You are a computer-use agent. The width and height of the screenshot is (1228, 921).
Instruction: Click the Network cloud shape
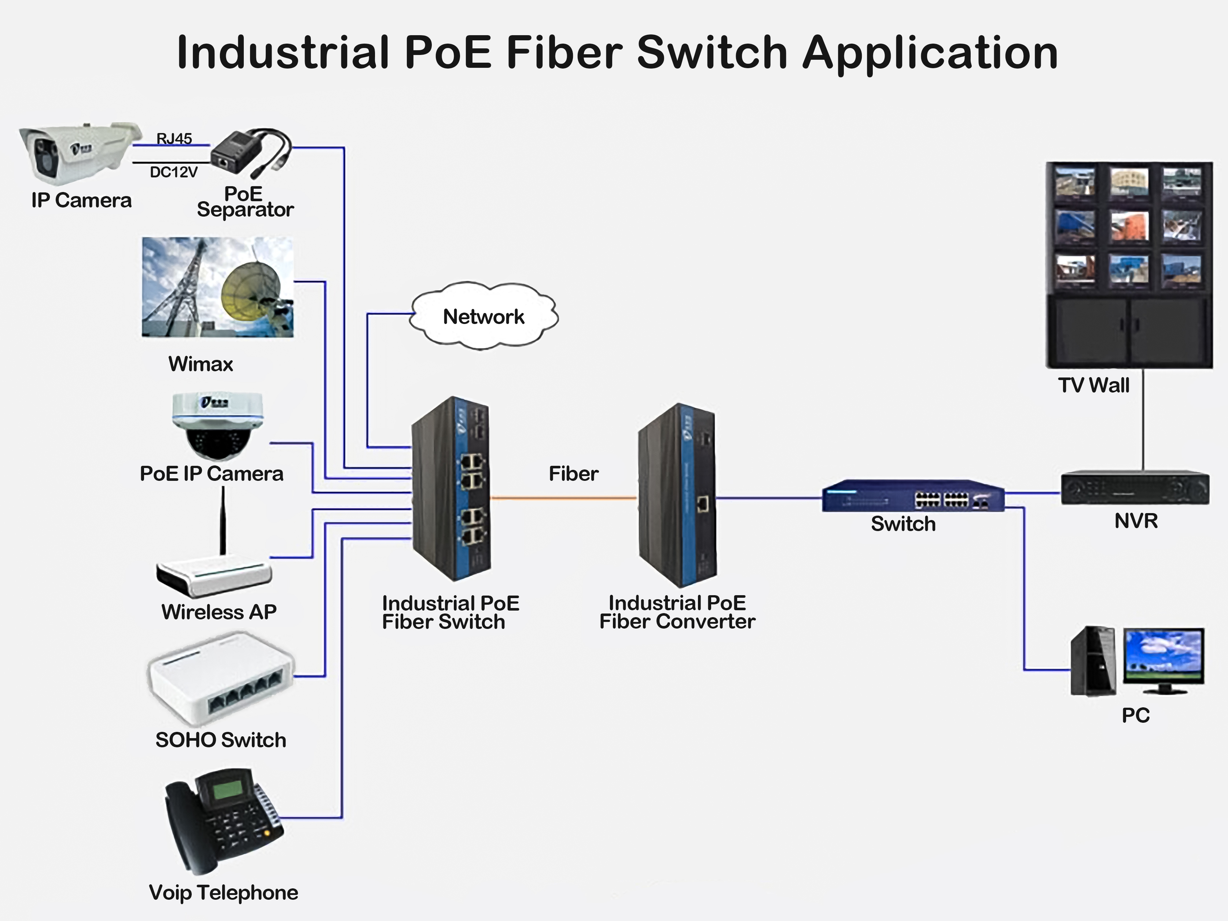coord(484,316)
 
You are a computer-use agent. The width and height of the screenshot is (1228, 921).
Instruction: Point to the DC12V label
coord(173,172)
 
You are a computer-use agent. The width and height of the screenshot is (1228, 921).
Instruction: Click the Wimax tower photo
coord(218,287)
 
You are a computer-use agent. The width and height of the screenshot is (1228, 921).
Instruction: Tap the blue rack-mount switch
coord(913,496)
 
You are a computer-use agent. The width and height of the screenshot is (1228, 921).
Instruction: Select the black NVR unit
coord(1135,487)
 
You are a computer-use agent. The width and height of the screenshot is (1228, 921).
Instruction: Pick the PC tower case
coord(1092,661)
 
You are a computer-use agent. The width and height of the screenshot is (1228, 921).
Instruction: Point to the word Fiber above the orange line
coord(573,474)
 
